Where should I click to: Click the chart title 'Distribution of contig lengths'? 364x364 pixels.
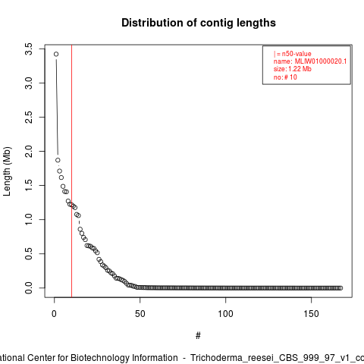(x=199, y=23)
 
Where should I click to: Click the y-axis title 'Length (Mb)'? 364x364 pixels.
(x=7, y=171)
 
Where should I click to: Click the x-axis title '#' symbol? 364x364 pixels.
(x=198, y=336)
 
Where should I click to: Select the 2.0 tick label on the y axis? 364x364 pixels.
(x=29, y=151)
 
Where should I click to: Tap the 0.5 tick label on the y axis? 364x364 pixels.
(x=29, y=253)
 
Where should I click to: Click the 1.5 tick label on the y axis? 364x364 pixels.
(x=29, y=185)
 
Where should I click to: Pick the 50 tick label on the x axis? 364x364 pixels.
(x=140, y=314)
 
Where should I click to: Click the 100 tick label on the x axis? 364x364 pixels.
(x=225, y=314)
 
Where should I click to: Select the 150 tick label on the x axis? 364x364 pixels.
(x=311, y=314)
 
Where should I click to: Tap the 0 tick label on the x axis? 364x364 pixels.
(x=54, y=314)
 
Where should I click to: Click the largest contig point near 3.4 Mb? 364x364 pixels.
(x=56, y=54)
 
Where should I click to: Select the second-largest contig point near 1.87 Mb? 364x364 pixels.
(x=58, y=160)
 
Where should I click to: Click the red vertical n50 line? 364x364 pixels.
(x=72, y=171)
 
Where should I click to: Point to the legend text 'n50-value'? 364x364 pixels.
(x=297, y=54)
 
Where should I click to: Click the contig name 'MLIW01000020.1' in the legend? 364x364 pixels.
(x=321, y=61)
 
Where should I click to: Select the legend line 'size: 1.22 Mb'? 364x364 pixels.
(x=292, y=69)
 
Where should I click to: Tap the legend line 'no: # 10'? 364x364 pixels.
(x=285, y=77)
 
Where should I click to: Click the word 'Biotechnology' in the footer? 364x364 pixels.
(x=124, y=358)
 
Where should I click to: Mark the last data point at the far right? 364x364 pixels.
(x=340, y=288)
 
